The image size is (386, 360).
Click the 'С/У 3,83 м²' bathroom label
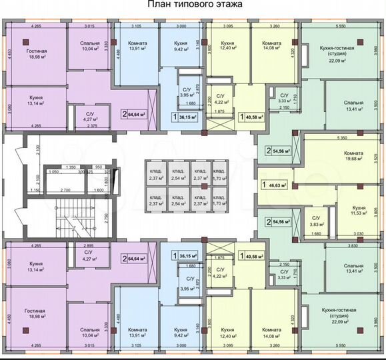[x=317, y=223]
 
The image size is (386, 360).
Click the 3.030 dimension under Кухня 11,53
[x=359, y=234]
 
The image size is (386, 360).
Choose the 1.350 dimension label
[x=65, y=167]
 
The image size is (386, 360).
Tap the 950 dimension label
[x=99, y=167]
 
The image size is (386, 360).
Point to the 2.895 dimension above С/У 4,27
[x=89, y=245]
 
